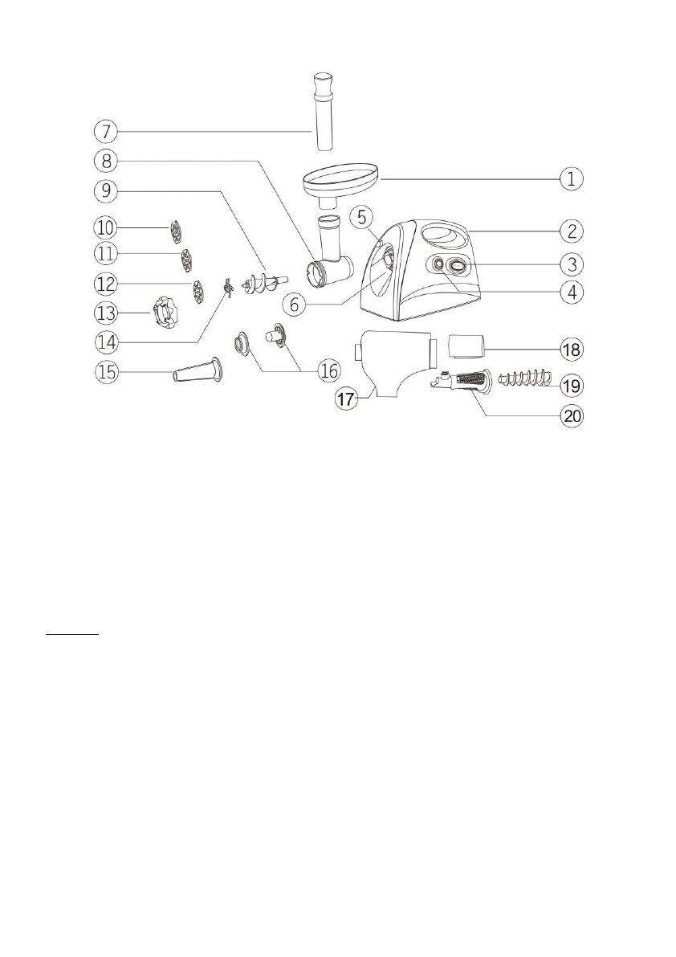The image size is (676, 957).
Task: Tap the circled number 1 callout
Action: pyautogui.click(x=571, y=178)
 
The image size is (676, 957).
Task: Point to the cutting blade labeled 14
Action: pyautogui.click(x=228, y=284)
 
